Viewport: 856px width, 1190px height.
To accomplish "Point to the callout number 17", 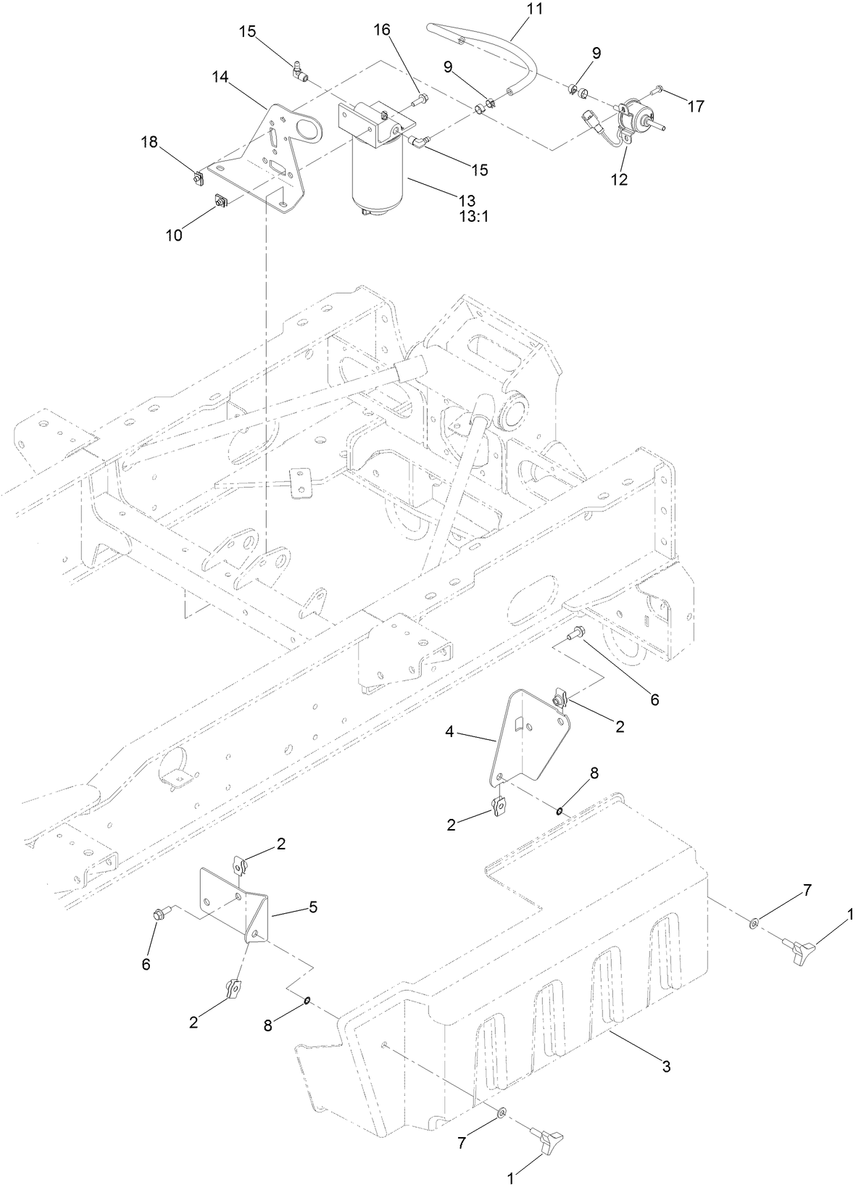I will point(695,107).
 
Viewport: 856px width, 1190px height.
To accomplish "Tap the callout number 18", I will point(149,143).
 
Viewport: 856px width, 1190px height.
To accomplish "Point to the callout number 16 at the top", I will point(382,30).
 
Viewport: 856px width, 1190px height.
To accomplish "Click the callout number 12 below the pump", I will point(620,179).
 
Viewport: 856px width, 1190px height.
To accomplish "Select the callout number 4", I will point(449,733).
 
